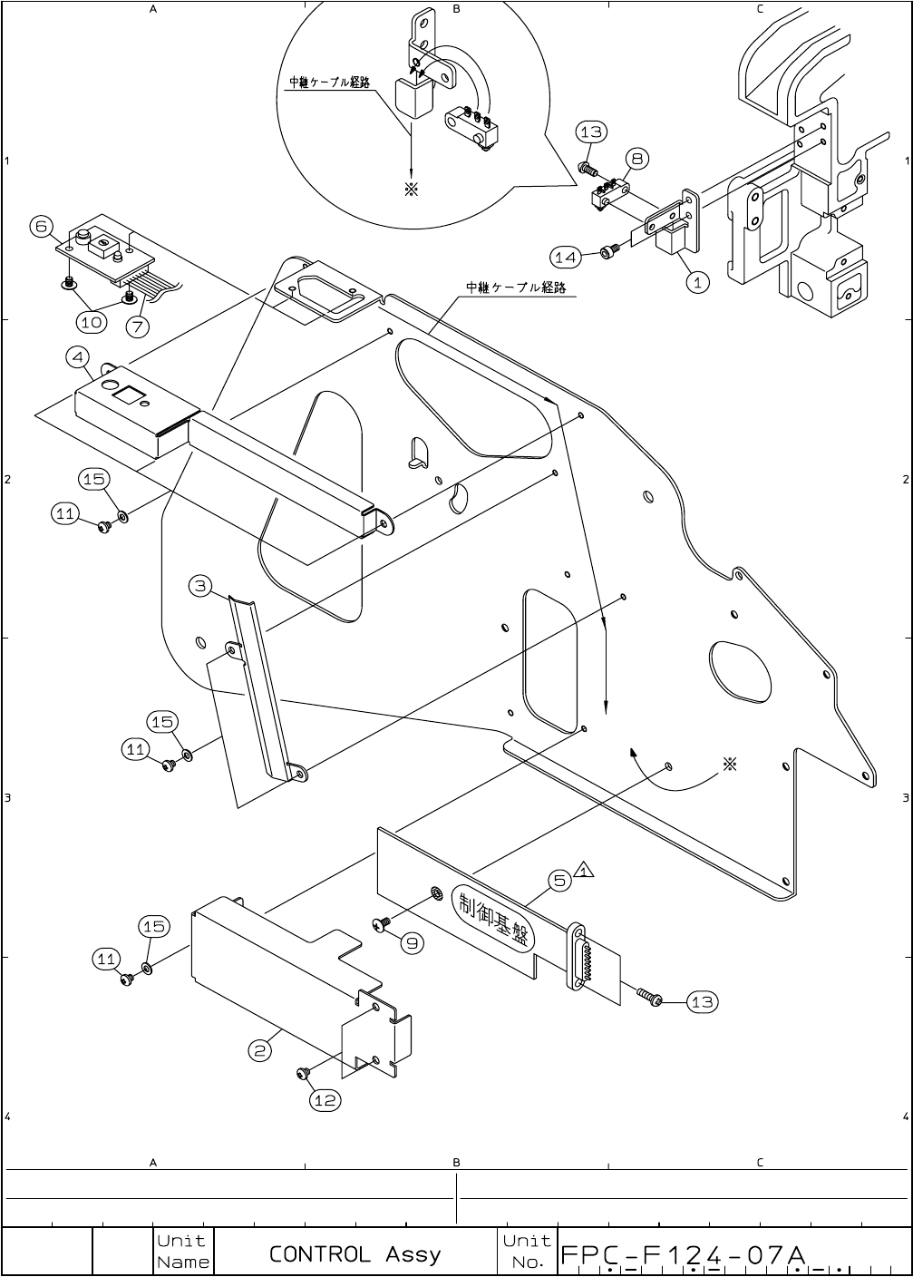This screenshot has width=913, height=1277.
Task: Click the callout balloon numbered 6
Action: click(42, 226)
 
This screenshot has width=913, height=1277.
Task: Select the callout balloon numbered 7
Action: click(139, 324)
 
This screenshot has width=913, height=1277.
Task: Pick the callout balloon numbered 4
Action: click(79, 356)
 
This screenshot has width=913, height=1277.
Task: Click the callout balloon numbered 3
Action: click(201, 585)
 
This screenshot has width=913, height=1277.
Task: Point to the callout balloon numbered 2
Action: click(260, 1050)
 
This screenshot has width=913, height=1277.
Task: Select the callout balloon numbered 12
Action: click(325, 1100)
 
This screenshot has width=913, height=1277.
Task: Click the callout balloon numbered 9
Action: click(412, 942)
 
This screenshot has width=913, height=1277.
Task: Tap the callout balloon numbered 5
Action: click(560, 879)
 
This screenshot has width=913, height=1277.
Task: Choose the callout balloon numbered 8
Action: click(637, 159)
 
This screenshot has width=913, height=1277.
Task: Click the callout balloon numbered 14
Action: click(565, 258)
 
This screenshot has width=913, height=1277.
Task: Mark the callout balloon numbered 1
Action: click(696, 282)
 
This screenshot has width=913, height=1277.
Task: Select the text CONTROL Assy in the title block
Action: click(355, 1254)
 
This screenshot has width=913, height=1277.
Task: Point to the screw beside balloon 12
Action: click(304, 1074)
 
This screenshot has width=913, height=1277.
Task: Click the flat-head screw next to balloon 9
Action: click(382, 924)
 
